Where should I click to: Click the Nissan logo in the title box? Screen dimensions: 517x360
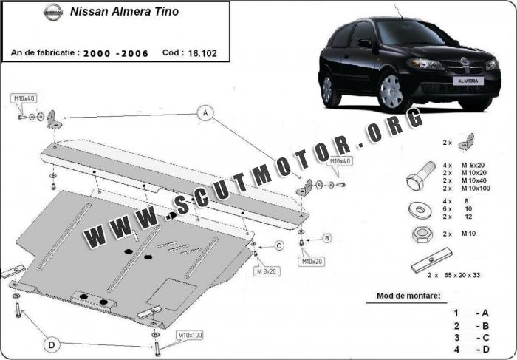[x=52, y=13]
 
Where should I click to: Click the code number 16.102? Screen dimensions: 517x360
[x=202, y=53]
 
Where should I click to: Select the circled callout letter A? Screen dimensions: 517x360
[x=205, y=113]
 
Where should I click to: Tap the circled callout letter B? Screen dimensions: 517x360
[x=326, y=238]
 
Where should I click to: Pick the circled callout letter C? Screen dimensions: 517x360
[x=279, y=246]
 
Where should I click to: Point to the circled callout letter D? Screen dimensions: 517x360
[x=52, y=345]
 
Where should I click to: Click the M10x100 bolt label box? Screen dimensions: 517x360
[x=190, y=336]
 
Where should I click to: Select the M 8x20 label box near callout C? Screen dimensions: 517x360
[x=267, y=271]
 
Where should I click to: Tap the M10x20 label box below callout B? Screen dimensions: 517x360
[x=311, y=262]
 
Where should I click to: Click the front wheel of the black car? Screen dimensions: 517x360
[x=391, y=92]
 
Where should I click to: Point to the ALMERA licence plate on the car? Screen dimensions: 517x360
[x=468, y=81]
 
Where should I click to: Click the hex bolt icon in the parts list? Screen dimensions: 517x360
[x=420, y=176]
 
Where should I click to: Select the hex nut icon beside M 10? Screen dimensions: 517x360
[x=422, y=234]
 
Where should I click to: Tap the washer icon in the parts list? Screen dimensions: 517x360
[x=420, y=209]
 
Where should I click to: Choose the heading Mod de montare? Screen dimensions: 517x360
[x=408, y=296]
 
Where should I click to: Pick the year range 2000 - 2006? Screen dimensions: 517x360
[x=116, y=54]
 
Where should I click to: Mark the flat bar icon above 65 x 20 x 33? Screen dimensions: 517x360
[x=432, y=259]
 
